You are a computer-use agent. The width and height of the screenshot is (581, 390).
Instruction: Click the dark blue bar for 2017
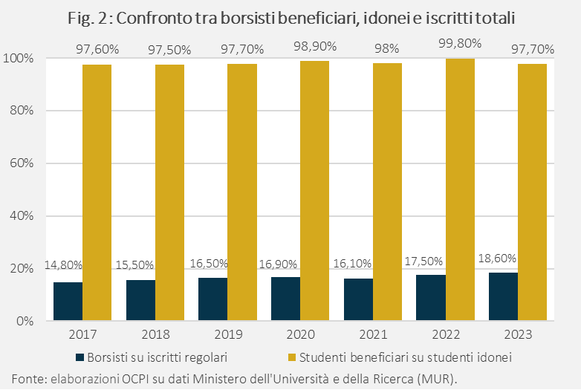[x=68, y=302]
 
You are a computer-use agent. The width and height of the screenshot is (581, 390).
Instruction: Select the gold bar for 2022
[x=460, y=189]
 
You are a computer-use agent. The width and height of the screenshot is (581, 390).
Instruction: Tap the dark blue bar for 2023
[x=503, y=296]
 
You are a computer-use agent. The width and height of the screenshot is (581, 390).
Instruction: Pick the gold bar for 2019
[x=241, y=192]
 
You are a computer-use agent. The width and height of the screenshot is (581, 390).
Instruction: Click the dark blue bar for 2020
[x=285, y=299]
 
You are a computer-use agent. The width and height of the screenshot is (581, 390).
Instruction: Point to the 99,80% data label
[x=460, y=43]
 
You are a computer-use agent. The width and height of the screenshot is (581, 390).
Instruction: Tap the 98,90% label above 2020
[x=314, y=47]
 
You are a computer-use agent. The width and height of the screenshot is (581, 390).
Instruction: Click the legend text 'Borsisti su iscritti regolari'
[x=157, y=357]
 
